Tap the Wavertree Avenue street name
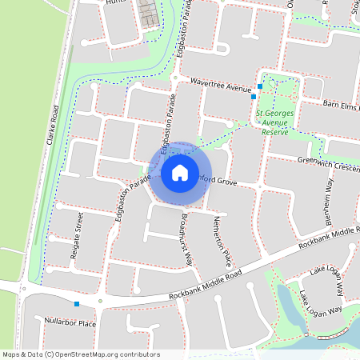click(x=220, y=84)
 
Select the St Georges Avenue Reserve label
click(x=275, y=122)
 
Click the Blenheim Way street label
click(x=328, y=206)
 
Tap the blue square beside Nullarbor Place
click(x=77, y=304)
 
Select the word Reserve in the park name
click(x=275, y=132)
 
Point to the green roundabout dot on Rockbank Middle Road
click(x=100, y=302)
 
